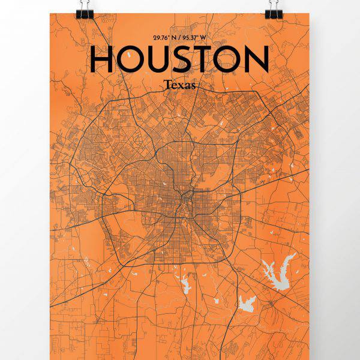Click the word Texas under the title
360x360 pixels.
(179, 85)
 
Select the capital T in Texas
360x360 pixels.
(166, 85)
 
